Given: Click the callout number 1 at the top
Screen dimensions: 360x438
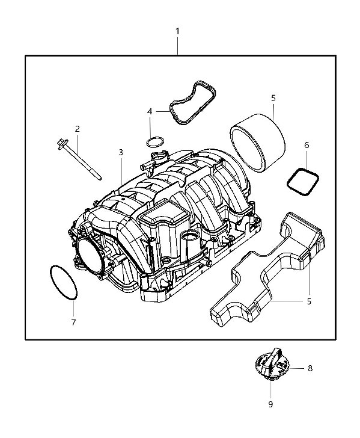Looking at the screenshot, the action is [x=177, y=31].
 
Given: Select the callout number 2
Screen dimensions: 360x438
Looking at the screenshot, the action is [x=78, y=129].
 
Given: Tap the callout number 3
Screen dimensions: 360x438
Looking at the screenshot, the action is [x=121, y=152].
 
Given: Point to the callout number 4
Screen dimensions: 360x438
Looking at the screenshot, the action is [x=150, y=112].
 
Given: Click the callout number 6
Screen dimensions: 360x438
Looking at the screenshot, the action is [x=307, y=145].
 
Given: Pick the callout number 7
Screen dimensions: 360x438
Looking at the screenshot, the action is [x=73, y=322].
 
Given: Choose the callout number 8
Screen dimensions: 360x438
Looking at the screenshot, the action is [x=310, y=368].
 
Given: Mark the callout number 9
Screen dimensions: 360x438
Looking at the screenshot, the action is [x=270, y=404].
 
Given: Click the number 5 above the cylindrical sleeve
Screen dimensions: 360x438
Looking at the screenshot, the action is [x=273, y=98].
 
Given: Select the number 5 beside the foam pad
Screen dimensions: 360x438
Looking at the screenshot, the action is [x=309, y=301].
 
